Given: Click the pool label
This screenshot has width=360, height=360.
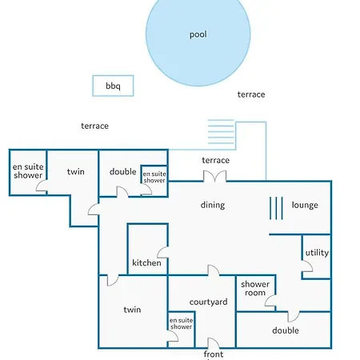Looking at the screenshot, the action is tap(198, 34).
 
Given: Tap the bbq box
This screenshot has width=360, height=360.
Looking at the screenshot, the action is tap(113, 86).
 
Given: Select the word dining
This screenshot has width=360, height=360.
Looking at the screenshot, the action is tap(213, 205).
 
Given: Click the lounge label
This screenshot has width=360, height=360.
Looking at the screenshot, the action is tap(305, 205).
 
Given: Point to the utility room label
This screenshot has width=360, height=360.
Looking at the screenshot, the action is tap(317, 253).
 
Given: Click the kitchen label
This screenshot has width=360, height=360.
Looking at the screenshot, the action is tap(146, 262).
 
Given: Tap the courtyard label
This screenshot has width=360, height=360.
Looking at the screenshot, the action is tap(209, 302).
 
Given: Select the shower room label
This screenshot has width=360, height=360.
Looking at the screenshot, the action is tap(255, 289).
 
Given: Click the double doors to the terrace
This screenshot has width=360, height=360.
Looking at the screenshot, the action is tap(215, 176).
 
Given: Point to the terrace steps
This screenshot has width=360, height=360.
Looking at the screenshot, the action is tap(221, 132).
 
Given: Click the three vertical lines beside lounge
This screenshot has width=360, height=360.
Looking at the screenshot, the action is tap(276, 208).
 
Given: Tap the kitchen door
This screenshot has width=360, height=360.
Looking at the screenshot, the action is tap(163, 252).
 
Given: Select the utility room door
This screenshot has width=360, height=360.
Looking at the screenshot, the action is tap(307, 266).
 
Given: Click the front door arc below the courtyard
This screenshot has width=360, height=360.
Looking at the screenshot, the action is tap(214, 343).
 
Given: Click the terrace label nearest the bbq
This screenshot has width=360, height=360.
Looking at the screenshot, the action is tap(95, 126).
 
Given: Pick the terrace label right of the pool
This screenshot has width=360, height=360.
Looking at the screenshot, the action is tap(251, 94).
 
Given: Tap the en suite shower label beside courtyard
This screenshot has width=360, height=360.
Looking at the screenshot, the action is tap(181, 323).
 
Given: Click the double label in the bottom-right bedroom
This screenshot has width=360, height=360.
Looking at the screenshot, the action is tap(286, 330).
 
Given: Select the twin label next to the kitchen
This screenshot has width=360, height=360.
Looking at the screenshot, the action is tap(132, 310).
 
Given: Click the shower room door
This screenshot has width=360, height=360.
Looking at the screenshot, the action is tap(270, 301).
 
